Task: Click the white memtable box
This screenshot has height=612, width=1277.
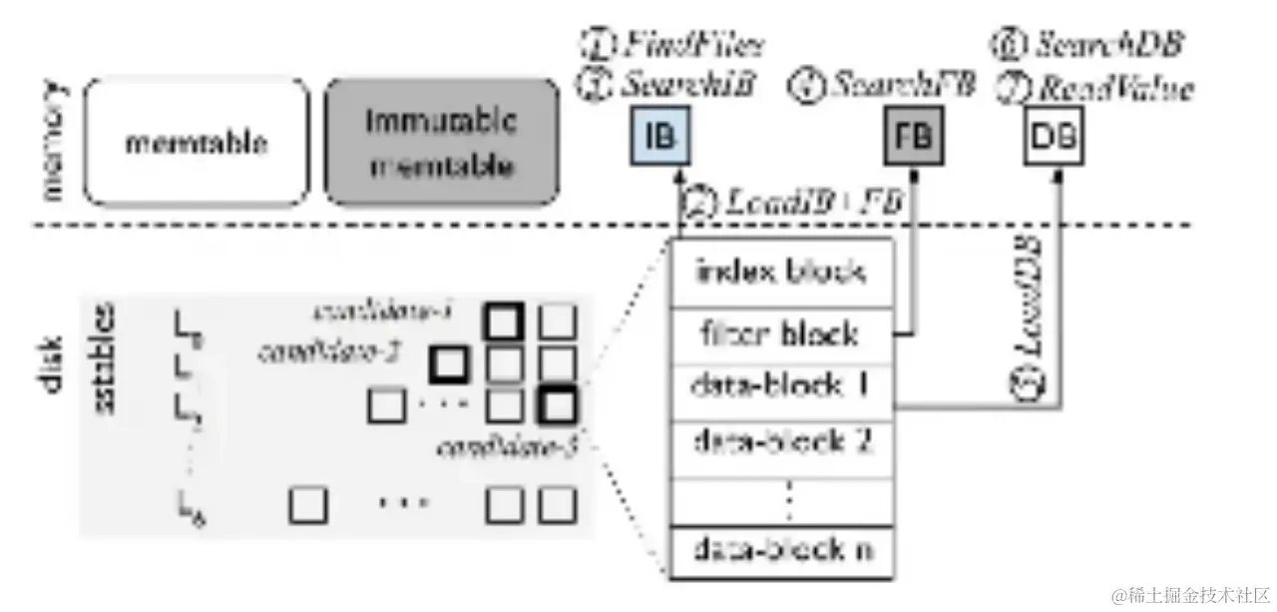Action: [x=197, y=142]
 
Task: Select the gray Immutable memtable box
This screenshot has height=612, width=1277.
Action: [x=441, y=142]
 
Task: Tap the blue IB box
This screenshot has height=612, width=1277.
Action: [x=659, y=137]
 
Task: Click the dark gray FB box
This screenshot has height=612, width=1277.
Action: [x=914, y=137]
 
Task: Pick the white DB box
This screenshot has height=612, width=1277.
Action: [x=1056, y=137]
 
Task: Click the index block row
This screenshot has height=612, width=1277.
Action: [x=781, y=271]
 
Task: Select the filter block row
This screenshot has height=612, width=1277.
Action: [x=781, y=332]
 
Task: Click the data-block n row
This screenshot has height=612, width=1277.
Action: [x=781, y=548]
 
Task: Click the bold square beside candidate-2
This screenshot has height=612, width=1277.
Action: [x=449, y=365]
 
